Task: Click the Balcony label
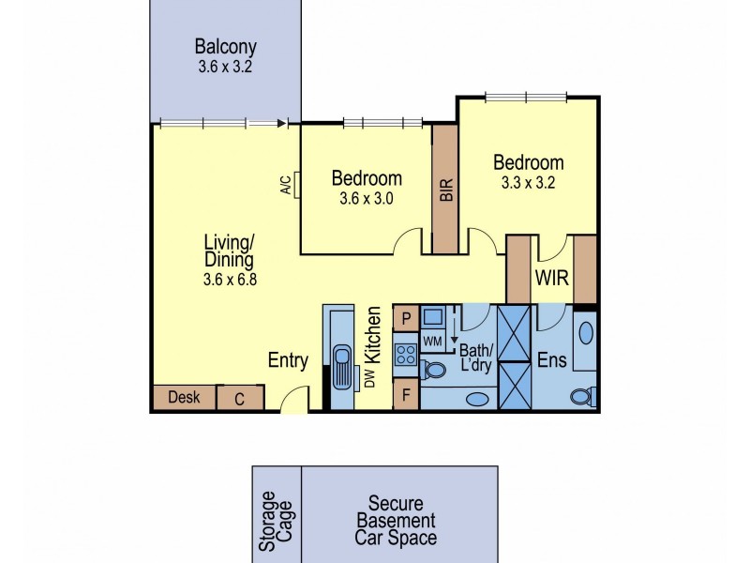[x=225, y=46]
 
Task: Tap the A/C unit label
[x=286, y=186]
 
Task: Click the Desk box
[x=184, y=398]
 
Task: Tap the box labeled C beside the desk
[x=239, y=399]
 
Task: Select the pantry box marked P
[x=406, y=318]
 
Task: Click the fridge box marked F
[x=406, y=394]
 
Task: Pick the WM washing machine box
[x=433, y=339]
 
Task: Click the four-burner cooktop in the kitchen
[x=407, y=355]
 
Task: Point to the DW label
[x=368, y=379]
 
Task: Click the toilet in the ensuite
[x=582, y=396]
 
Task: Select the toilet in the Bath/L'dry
[x=432, y=369]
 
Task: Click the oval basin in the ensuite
[x=585, y=333]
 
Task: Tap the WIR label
[x=549, y=279]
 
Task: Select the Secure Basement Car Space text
[x=401, y=520]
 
